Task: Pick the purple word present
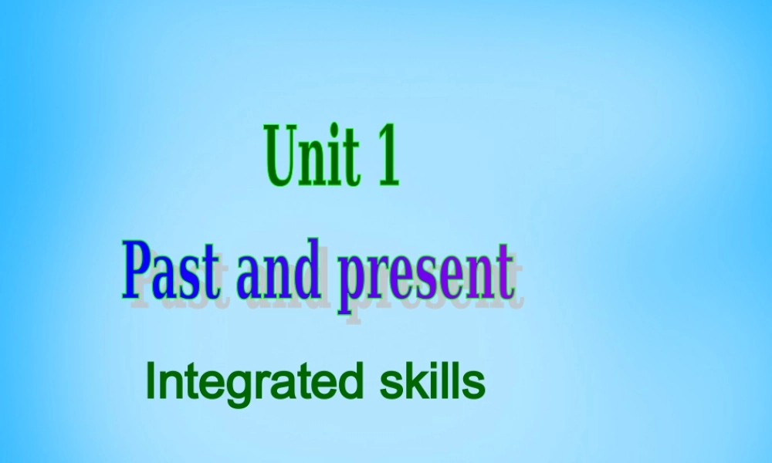click(x=427, y=276)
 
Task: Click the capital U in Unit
click(x=283, y=154)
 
